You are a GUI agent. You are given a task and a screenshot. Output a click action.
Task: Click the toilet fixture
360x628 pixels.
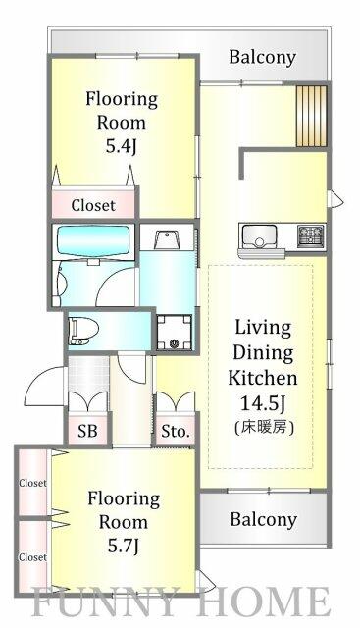83,332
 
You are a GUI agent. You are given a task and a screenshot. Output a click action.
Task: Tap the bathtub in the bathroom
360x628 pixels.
93,242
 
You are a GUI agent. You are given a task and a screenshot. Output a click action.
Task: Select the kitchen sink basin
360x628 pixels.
260,235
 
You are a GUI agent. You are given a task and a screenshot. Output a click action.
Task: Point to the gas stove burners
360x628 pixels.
310,235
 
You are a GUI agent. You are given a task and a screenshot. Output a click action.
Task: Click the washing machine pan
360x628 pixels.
174,333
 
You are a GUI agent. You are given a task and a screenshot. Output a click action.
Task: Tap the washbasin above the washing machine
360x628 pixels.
168,239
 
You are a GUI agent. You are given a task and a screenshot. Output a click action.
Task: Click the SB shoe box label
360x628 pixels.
87,431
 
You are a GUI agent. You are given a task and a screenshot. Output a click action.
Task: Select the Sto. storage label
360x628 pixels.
175,432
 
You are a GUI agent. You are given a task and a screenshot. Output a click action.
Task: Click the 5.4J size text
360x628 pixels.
122,147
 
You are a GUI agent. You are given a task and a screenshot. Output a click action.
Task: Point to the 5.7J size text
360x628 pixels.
124,546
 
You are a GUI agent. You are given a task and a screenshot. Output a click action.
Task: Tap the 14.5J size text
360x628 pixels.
263,404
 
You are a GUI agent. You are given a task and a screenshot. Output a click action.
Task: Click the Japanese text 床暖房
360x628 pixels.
264,428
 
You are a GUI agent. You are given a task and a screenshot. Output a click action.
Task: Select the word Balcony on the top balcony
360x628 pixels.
262,58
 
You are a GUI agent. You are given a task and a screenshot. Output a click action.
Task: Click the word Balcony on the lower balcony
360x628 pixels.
264,519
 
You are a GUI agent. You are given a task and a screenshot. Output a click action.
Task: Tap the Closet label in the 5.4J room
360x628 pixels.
93,205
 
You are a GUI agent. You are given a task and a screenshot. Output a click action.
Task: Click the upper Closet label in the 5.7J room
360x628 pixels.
32,483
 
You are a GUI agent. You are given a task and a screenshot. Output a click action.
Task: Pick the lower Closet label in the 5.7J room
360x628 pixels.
32,557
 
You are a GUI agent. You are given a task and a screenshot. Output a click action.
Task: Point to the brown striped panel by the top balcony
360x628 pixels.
311,116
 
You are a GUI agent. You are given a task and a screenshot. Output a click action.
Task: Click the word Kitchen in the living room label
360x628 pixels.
263,379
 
